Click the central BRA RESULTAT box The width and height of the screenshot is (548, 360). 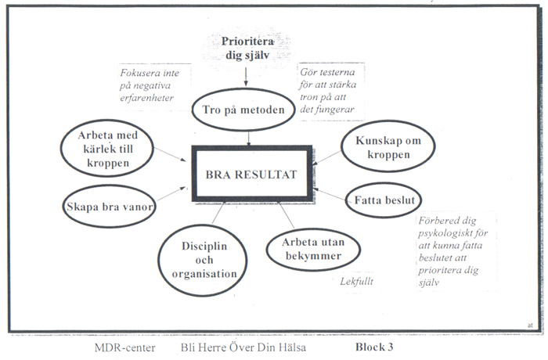point(251,173)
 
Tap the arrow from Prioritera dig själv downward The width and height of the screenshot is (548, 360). point(246,75)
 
